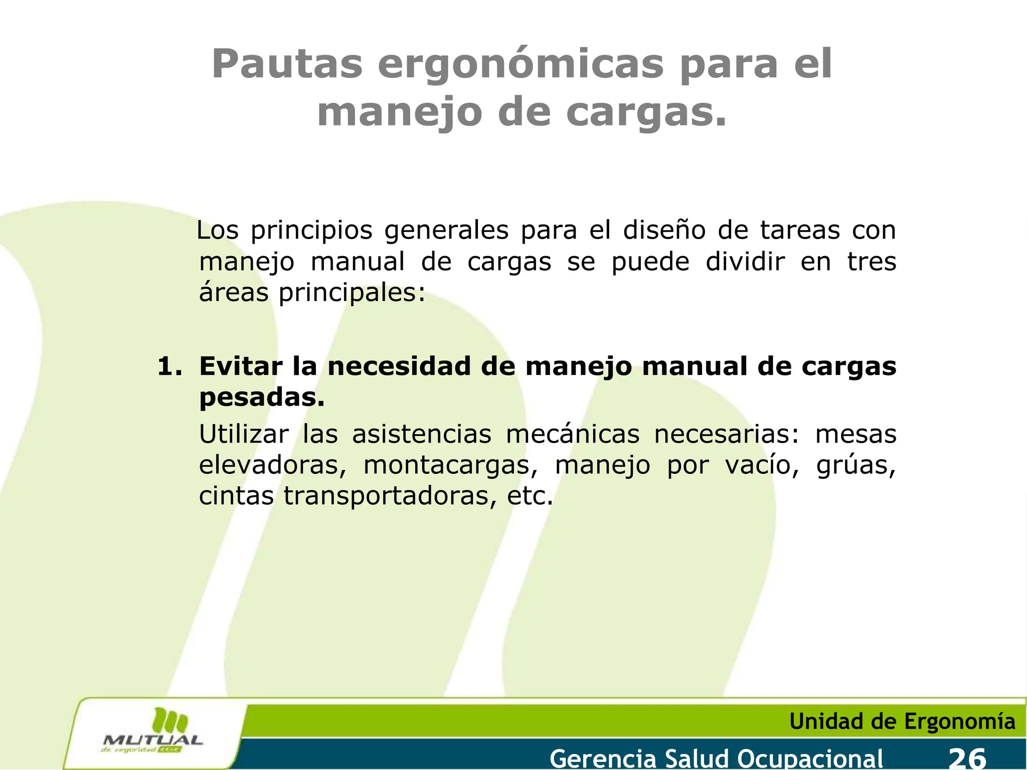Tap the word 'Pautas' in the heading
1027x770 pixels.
(287, 64)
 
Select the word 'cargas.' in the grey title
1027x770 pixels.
(646, 112)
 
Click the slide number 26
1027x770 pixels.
(967, 757)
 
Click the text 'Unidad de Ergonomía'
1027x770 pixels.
(902, 721)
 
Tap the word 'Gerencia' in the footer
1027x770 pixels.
(603, 757)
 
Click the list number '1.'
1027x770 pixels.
(169, 366)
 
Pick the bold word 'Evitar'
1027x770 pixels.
(241, 366)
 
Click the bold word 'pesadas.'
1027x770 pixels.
(262, 398)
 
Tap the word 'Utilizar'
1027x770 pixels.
(244, 434)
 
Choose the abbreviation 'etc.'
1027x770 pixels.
(530, 496)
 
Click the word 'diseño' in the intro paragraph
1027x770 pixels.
(664, 231)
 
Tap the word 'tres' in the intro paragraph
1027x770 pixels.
(872, 262)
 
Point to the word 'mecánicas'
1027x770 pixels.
(573, 434)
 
